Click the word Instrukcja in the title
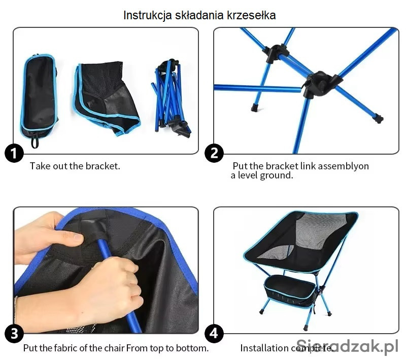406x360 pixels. [147, 15]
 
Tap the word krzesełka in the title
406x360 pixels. [251, 15]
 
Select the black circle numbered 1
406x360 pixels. [14, 153]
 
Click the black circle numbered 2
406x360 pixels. [214, 153]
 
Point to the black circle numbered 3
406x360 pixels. [14, 334]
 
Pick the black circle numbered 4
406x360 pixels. [214, 334]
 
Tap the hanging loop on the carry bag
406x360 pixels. [35, 142]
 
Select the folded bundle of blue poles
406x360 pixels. [171, 99]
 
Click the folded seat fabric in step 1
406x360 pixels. [106, 98]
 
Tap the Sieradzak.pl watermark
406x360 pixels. [347, 345]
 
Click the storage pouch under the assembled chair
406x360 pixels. [290, 291]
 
